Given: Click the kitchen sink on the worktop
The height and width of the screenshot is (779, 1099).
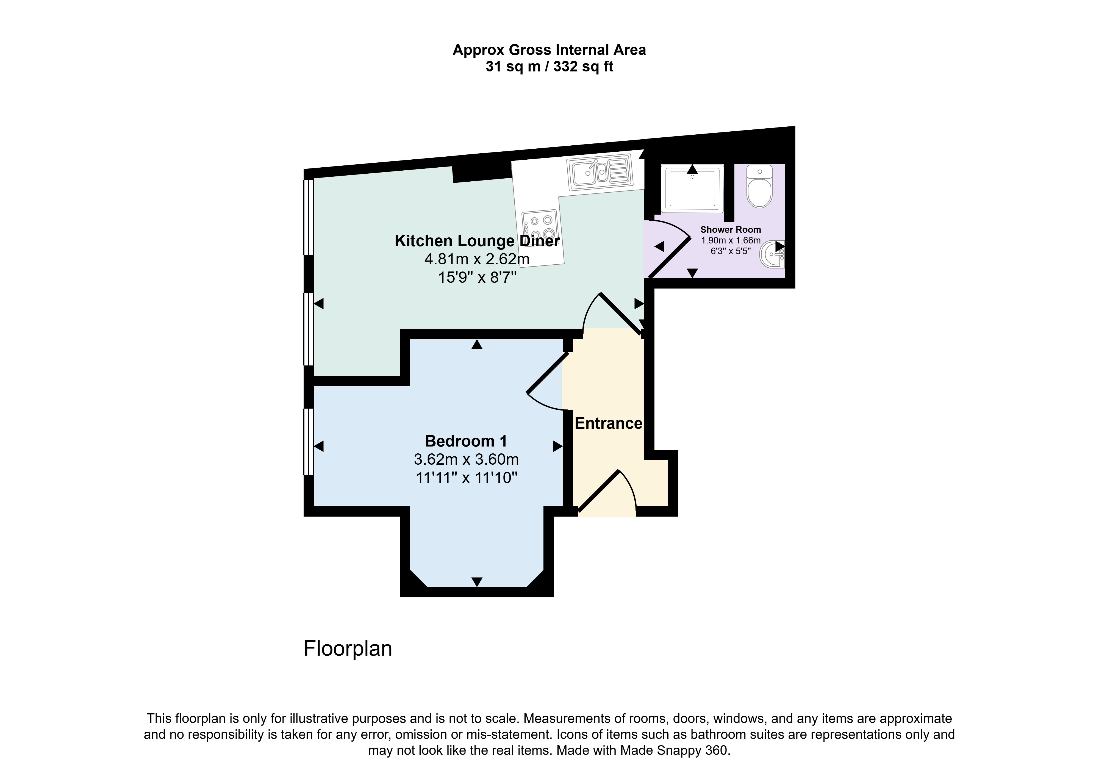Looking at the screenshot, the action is [x=600, y=173].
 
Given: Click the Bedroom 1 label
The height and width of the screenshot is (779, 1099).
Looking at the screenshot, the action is [x=466, y=441].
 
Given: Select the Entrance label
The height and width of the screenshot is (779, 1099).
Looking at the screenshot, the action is [x=609, y=423].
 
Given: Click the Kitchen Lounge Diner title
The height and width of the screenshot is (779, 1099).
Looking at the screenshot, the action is [x=477, y=241].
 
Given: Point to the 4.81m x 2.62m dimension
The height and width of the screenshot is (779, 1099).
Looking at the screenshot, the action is [x=477, y=259].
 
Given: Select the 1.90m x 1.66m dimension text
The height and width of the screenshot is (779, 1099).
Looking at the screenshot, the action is [x=731, y=240].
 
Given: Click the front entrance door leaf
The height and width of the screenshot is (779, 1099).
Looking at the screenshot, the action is [x=600, y=491].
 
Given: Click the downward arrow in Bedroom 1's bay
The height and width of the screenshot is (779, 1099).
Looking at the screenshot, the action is [x=477, y=582].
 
